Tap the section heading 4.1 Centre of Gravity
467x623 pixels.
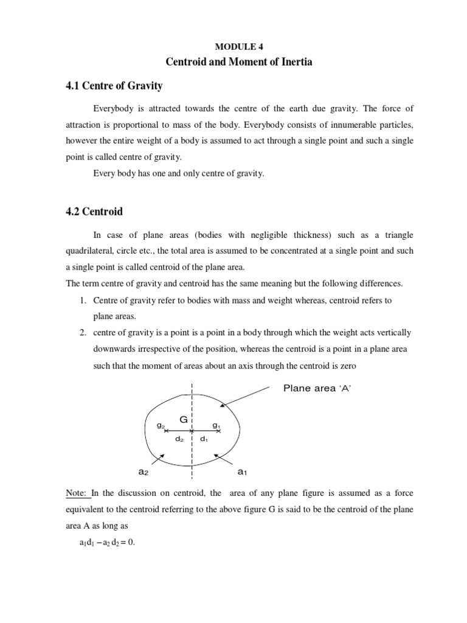click(114, 86)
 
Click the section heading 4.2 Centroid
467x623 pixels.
click(94, 212)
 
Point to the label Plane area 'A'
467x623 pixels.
click(317, 389)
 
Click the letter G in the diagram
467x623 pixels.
click(182, 419)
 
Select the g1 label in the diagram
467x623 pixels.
click(216, 425)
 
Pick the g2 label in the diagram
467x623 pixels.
click(161, 425)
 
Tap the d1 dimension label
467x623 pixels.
click(204, 439)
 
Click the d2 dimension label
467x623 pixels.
click(179, 439)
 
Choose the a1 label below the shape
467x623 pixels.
click(241, 472)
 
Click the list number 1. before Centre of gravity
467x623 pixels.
click(80, 301)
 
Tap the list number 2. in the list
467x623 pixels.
click(80, 333)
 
